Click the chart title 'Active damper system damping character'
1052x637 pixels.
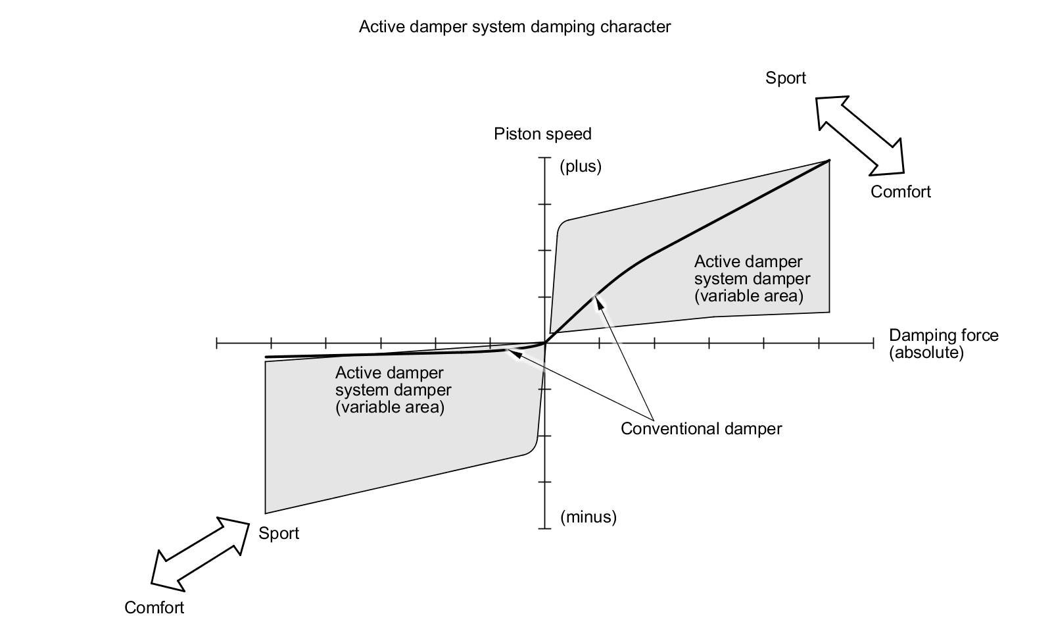515,27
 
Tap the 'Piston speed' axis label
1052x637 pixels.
542,134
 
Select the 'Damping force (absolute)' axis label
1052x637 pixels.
944,344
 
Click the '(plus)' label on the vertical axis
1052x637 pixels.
581,166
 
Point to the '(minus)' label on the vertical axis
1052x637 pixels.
588,517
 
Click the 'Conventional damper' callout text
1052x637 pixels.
701,428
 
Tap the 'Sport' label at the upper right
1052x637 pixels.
785,78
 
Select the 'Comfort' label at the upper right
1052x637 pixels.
900,191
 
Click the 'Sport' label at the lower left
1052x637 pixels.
279,533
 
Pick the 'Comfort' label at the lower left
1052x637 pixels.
154,607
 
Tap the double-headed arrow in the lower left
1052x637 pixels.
200,554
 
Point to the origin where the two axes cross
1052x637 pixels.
545,344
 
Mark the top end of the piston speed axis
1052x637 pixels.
545,157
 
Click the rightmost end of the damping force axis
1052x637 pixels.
874,344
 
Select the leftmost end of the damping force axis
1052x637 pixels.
216,344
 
